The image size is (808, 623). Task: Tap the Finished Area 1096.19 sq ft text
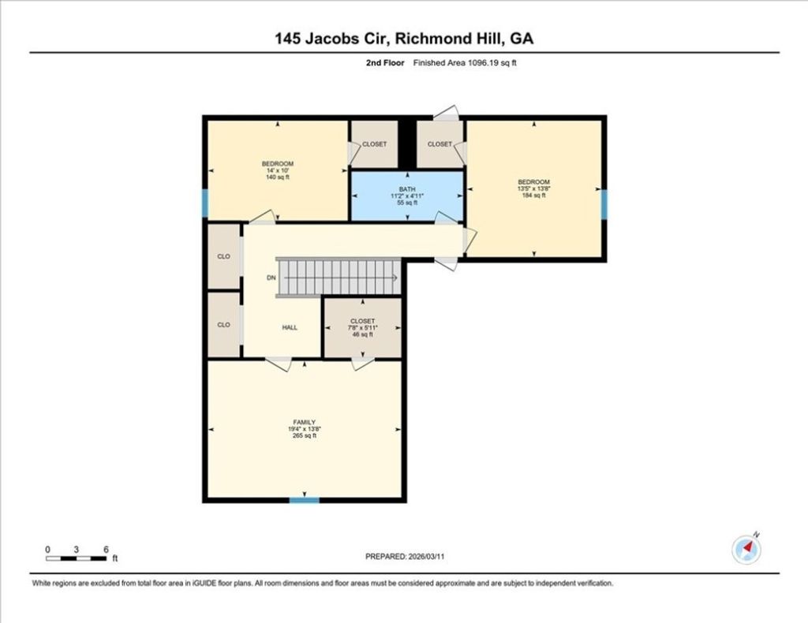[465, 63]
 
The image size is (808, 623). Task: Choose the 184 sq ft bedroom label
[533, 188]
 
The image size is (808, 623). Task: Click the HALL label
[290, 327]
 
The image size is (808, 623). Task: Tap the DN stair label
[271, 278]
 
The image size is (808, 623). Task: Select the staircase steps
[338, 278]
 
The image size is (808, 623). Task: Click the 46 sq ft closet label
[363, 327]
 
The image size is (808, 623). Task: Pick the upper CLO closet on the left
[223, 256]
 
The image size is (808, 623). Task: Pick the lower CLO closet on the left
[223, 324]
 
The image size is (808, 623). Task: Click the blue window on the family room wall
[304, 499]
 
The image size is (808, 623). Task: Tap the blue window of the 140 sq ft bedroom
[205, 203]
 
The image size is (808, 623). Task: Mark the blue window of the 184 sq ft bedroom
[604, 203]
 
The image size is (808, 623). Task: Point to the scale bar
[76, 558]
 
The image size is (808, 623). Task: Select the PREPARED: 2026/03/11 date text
[404, 556]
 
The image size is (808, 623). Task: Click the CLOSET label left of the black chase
[374, 144]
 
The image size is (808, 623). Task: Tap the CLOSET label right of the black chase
[440, 144]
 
